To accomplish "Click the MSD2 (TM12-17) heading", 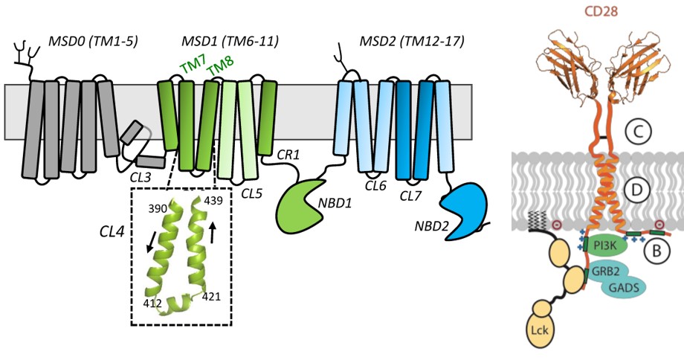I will pyautogui.click(x=420, y=39).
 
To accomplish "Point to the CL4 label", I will pyautogui.click(x=113, y=233).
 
